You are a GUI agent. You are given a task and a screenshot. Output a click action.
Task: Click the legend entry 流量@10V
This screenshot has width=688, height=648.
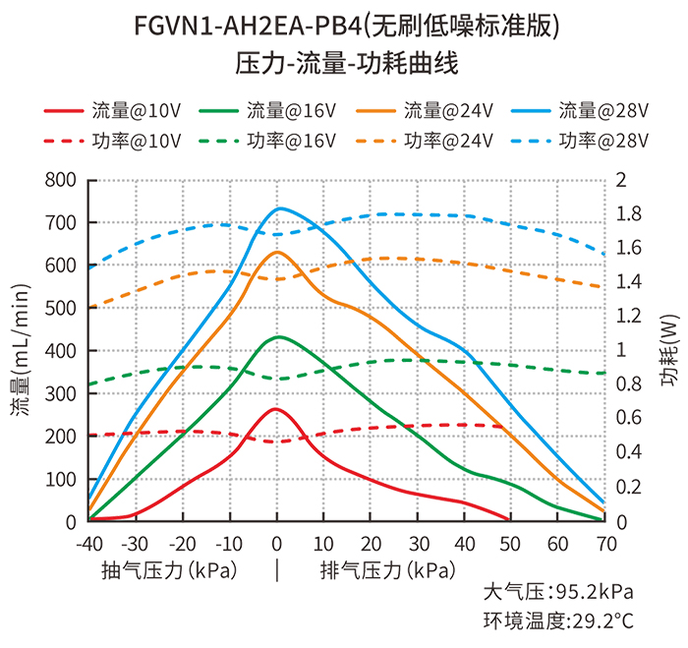pyautogui.click(x=112, y=111)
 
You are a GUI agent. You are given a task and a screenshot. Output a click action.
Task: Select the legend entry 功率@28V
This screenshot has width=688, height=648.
pyautogui.click(x=580, y=141)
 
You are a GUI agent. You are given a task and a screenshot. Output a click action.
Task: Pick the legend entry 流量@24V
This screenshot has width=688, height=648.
pyautogui.click(x=425, y=111)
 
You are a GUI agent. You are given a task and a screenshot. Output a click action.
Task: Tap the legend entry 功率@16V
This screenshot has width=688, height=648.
pyautogui.click(x=267, y=141)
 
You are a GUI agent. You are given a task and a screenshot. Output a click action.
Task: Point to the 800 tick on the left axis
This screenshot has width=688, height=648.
pyautogui.click(x=61, y=180)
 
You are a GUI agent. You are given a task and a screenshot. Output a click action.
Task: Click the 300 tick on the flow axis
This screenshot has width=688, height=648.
pyautogui.click(x=61, y=393)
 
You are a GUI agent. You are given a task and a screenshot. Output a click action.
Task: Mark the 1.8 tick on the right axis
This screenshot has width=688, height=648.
pyautogui.click(x=629, y=213)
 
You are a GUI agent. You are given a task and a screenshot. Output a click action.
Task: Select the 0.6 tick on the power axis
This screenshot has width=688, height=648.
pyautogui.click(x=629, y=418)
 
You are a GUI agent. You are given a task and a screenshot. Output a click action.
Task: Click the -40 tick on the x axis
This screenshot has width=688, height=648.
pyautogui.click(x=89, y=545)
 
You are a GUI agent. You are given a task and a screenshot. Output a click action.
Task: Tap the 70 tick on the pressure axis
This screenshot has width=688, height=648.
pyautogui.click(x=606, y=545)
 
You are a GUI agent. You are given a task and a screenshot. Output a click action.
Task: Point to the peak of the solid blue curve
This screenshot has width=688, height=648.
pyautogui.click(x=279, y=208)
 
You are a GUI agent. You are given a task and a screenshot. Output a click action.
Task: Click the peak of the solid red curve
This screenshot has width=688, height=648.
pyautogui.click(x=275, y=409)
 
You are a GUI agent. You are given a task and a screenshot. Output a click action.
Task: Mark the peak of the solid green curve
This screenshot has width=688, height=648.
pyautogui.click(x=278, y=337)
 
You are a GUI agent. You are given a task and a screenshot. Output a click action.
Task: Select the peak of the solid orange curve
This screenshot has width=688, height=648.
pyautogui.click(x=277, y=252)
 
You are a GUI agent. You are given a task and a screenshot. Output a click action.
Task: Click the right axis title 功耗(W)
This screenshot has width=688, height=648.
pyautogui.click(x=669, y=350)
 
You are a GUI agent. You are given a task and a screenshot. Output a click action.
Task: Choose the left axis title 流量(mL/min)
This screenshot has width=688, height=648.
pyautogui.click(x=21, y=350)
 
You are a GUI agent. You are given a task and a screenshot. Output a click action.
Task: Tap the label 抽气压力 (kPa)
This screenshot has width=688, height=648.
pyautogui.click(x=169, y=570)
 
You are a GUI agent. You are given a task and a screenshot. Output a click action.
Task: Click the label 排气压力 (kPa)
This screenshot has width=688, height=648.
pyautogui.click(x=388, y=570)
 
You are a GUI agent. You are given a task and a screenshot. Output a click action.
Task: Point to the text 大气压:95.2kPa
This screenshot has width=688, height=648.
pyautogui.click(x=558, y=592)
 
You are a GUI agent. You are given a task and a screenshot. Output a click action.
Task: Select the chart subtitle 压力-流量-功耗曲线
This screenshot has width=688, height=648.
pyautogui.click(x=347, y=63)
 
